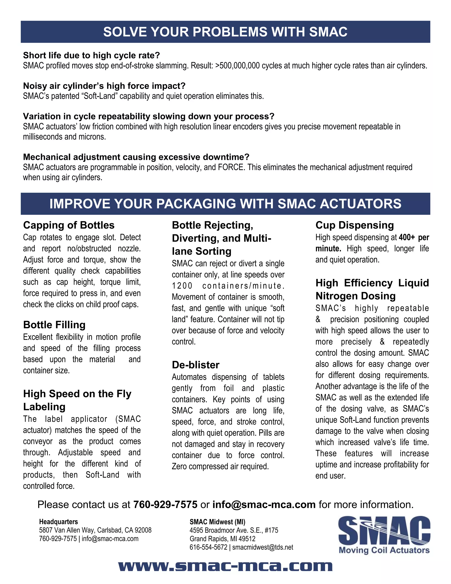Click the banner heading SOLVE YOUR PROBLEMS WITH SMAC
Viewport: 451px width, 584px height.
click(x=225, y=32)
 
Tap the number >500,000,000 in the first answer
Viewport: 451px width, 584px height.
click(x=237, y=66)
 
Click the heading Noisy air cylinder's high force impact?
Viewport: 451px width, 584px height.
click(x=104, y=86)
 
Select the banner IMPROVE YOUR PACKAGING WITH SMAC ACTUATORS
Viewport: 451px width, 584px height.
click(x=225, y=204)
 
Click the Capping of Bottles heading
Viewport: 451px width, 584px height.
click(x=69, y=225)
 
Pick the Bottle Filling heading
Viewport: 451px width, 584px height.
click(x=54, y=325)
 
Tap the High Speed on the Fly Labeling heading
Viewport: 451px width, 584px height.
click(x=77, y=400)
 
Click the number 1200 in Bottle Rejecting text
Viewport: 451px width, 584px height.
click(x=182, y=286)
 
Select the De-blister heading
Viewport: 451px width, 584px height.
click(x=196, y=365)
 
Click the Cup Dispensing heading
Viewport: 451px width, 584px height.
click(x=355, y=225)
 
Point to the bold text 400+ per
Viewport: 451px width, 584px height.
click(x=414, y=237)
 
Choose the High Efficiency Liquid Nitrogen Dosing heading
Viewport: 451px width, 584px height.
click(x=372, y=289)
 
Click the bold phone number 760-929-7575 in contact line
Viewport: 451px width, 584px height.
click(x=165, y=505)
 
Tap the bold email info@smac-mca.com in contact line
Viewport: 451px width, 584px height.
click(x=264, y=505)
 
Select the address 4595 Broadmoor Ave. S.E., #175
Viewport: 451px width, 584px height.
click(x=234, y=530)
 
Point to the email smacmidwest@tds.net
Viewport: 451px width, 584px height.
click(x=263, y=547)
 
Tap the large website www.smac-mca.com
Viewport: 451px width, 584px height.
click(x=225, y=566)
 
